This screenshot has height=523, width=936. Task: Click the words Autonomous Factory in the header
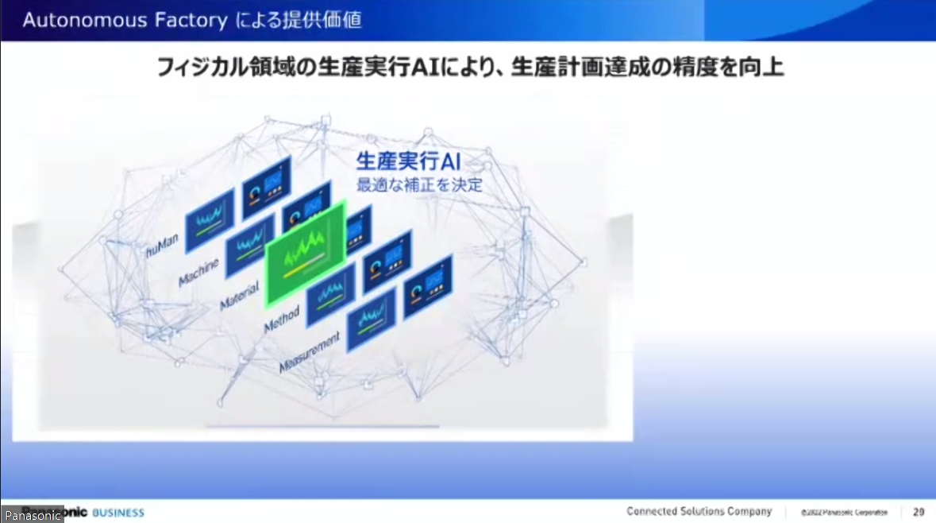[x=125, y=20]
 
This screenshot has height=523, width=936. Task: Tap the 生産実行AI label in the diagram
[x=408, y=163]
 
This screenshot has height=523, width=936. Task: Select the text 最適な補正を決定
[x=419, y=187]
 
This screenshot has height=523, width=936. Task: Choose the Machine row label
[x=198, y=272]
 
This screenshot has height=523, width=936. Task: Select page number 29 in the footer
[x=919, y=512]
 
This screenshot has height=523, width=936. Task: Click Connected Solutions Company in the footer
[x=699, y=512]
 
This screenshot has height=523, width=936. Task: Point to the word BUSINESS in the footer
[x=118, y=513]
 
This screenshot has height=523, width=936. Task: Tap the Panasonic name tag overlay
[x=33, y=516]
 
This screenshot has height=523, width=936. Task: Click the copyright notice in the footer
[x=844, y=513]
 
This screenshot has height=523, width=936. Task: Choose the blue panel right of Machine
[x=249, y=242]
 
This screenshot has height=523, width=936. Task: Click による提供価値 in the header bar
[x=299, y=20]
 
